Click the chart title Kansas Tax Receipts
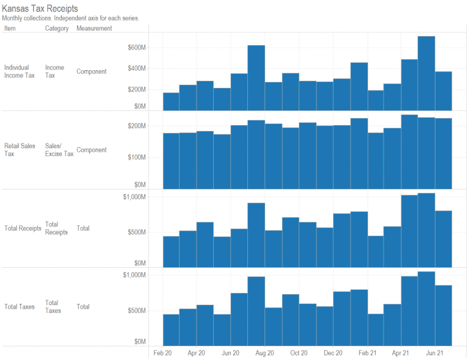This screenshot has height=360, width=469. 40,9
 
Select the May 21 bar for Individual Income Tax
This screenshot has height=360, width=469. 426,73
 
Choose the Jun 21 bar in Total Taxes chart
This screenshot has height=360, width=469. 443,315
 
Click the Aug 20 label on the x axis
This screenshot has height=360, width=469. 264,353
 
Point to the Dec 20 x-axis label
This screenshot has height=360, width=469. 333,353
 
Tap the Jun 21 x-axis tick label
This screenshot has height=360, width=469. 435,353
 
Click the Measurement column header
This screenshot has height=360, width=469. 94,29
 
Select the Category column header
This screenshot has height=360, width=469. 57,29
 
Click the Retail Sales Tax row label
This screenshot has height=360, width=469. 20,150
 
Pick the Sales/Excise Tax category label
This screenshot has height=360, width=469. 59,150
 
